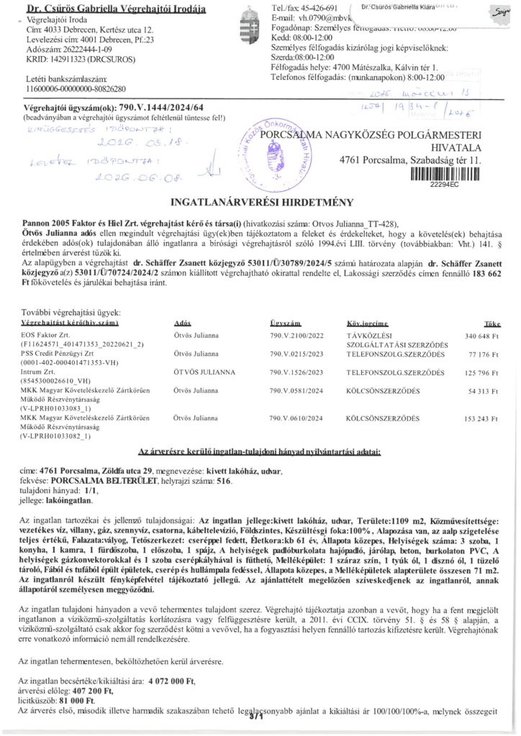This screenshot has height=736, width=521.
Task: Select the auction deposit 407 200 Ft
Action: click(x=92, y=689)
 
